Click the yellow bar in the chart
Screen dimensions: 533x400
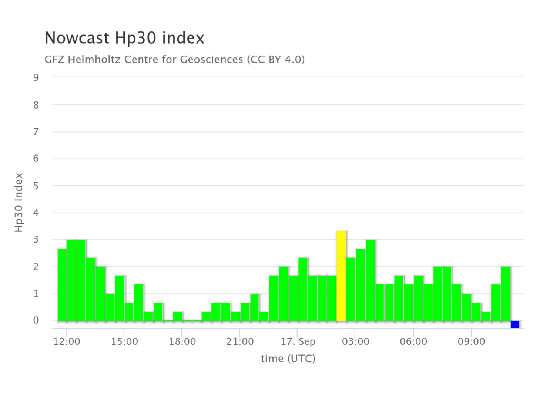pos(341,276)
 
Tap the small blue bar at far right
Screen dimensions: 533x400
pos(514,324)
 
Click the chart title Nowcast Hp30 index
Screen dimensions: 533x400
pos(124,38)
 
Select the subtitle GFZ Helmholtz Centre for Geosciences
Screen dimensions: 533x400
pos(144,60)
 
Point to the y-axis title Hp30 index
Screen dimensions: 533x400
pos(19,203)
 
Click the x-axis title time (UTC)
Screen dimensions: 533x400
pos(288,359)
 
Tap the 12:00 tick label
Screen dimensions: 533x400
pos(67,341)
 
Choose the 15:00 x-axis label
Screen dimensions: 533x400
pos(124,341)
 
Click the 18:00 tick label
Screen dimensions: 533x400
pos(182,341)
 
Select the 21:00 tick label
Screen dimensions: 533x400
pos(240,341)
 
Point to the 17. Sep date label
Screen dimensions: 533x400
pos(298,342)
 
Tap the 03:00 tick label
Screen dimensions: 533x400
pos(355,341)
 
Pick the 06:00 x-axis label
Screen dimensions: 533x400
pos(413,341)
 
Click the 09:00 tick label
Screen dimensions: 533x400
pos(471,341)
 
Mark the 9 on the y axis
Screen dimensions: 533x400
pos(36,77)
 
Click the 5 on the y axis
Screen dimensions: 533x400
pos(36,186)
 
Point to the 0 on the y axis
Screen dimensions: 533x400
pos(36,320)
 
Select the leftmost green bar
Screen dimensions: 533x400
pos(62,285)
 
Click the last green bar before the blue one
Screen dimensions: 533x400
pos(505,294)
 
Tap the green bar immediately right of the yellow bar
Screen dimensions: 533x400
pos(351,289)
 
